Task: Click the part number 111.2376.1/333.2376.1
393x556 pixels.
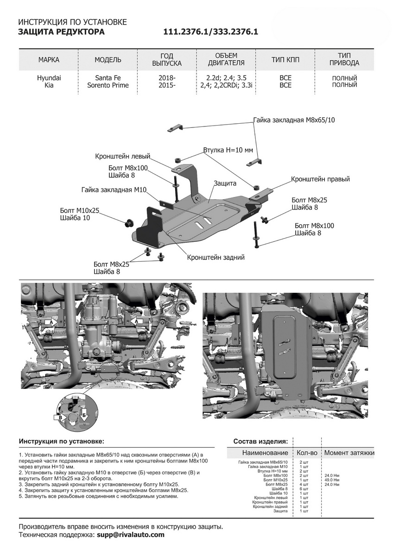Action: [x=210, y=32]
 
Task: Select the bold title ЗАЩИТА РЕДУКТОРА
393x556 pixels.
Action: [x=61, y=32]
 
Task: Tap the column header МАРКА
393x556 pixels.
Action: [x=49, y=60]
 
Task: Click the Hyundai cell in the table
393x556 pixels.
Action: [x=49, y=78]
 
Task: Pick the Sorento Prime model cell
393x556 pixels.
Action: [x=108, y=85]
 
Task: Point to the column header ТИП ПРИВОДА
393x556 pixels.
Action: [x=345, y=59]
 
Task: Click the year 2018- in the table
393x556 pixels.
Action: [x=167, y=78]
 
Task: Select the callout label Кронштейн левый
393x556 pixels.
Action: [x=123, y=156]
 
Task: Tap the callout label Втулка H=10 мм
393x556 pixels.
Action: [x=228, y=151]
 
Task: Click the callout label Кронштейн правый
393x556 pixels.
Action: [x=320, y=179]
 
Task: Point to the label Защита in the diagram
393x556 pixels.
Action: [x=225, y=183]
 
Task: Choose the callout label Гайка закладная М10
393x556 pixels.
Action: [x=114, y=190]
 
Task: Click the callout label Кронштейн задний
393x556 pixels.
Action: [x=216, y=257]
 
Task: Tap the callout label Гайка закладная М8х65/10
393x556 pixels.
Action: [x=294, y=120]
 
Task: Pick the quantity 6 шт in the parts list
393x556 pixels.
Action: [x=304, y=489]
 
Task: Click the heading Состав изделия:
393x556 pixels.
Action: [x=261, y=441]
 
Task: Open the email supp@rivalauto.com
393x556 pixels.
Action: [x=130, y=535]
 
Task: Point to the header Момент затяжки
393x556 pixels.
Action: [x=349, y=453]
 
